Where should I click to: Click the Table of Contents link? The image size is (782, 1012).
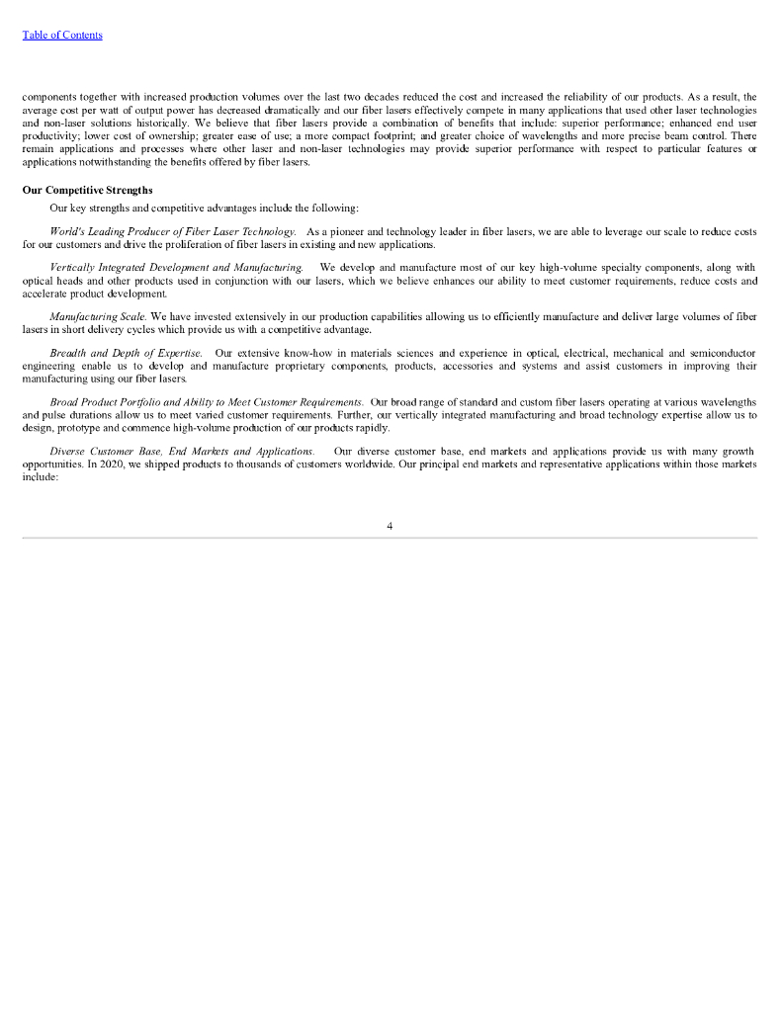(62, 36)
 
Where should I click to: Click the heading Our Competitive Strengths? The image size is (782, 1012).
(87, 190)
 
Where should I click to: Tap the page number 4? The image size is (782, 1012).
(390, 526)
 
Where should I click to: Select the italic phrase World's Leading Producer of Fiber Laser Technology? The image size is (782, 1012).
(172, 231)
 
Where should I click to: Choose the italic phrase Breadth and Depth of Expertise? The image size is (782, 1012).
(127, 353)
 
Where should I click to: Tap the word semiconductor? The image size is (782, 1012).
(724, 353)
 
